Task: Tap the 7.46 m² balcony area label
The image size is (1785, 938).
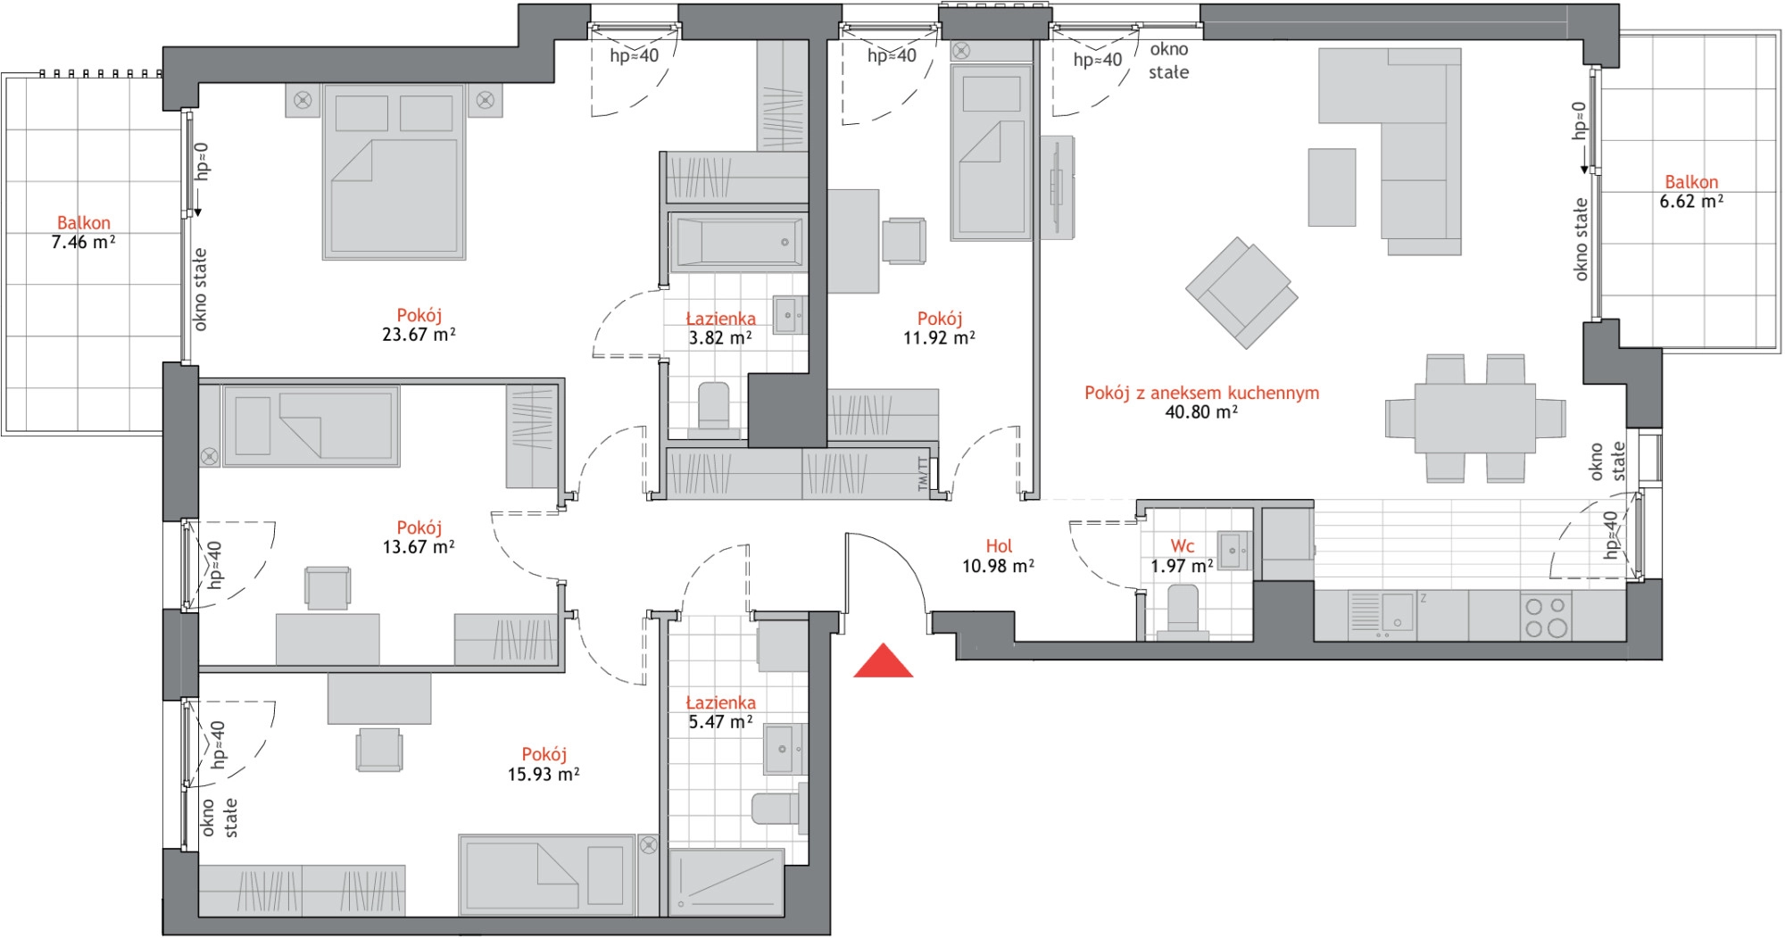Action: pos(84,242)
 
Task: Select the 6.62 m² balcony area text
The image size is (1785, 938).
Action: pos(1691,201)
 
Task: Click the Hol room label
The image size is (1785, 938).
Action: pos(999,546)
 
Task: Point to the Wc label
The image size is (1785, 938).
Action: pos(1183,546)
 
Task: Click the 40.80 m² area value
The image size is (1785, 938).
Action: pos(1201,412)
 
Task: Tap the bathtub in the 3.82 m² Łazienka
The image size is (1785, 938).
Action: pos(737,242)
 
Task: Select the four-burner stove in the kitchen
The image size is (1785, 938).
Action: pos(1546,616)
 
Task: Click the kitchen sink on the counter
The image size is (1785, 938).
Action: pos(1382,615)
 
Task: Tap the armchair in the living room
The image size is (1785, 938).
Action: pos(1241,292)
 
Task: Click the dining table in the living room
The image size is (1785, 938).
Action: pos(1474,419)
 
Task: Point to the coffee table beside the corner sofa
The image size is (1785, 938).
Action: pos(1332,187)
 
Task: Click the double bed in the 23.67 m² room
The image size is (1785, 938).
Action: pos(394,172)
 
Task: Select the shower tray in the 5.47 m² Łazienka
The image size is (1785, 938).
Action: pos(726,883)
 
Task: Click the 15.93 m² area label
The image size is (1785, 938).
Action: pos(544,775)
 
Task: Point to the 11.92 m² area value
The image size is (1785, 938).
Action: pos(939,338)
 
